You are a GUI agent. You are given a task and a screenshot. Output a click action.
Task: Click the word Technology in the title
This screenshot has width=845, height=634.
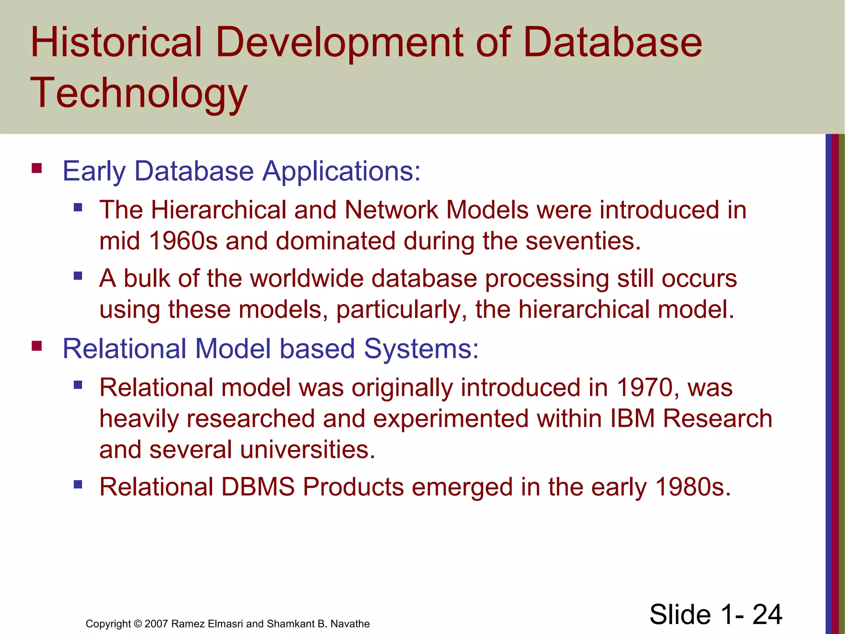(139, 93)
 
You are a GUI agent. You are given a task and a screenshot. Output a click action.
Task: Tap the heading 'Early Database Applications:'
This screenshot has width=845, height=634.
(241, 171)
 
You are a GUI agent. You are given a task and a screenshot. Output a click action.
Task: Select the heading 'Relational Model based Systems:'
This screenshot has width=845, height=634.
(271, 349)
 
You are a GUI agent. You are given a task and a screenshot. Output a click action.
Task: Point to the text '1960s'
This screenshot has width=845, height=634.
(183, 241)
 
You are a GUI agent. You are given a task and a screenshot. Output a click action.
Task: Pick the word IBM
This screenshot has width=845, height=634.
(633, 419)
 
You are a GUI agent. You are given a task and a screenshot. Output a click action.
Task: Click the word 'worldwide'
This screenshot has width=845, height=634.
(307, 279)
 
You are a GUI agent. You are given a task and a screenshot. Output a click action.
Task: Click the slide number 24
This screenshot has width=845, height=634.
(767, 615)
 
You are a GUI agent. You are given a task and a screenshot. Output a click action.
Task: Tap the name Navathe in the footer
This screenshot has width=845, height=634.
(350, 624)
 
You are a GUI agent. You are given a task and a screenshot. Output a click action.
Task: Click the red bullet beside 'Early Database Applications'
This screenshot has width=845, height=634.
(37, 168)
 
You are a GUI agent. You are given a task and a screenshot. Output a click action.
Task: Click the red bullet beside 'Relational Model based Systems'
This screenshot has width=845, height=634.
(37, 346)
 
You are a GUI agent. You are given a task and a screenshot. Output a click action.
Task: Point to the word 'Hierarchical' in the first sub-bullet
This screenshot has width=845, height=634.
(218, 210)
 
